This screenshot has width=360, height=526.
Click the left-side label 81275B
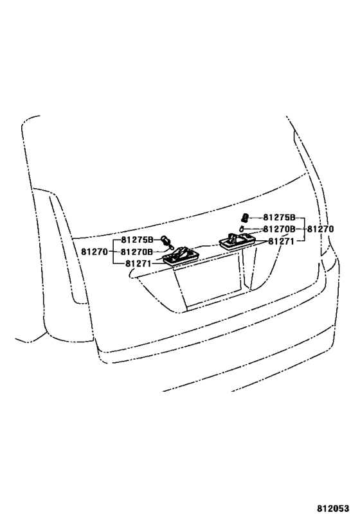click(137, 240)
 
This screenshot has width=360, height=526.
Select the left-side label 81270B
click(137, 252)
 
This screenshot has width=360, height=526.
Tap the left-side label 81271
click(138, 263)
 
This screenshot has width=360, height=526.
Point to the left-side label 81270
click(94, 252)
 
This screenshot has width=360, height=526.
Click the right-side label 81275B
click(279, 217)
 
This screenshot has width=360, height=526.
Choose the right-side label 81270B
click(279, 229)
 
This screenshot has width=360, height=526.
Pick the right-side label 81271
click(281, 241)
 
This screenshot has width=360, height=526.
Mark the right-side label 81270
click(321, 229)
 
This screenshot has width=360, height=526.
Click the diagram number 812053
click(333, 509)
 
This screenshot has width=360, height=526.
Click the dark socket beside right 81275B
click(245, 218)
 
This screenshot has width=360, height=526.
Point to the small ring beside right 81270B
click(242, 229)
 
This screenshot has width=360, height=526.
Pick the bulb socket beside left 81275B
click(166, 240)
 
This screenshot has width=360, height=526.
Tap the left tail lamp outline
click(66, 249)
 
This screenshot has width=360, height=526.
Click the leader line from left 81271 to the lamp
click(159, 263)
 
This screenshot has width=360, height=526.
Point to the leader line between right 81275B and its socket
click(256, 218)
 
